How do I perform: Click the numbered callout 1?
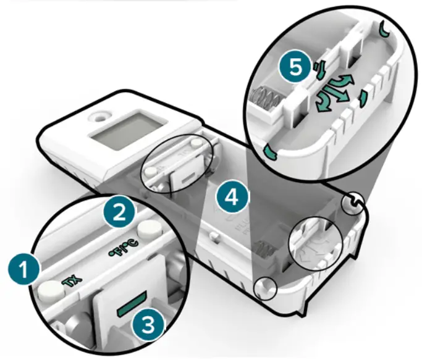point(24,269)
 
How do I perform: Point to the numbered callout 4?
point(232,197)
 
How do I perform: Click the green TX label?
point(71,282)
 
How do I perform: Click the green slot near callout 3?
point(132,303)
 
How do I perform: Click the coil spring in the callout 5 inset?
point(265,98)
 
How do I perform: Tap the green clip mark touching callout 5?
point(320,70)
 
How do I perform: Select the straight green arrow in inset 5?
point(335,94)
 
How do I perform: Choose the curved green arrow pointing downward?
point(324,103)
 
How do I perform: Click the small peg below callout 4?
point(214,236)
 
